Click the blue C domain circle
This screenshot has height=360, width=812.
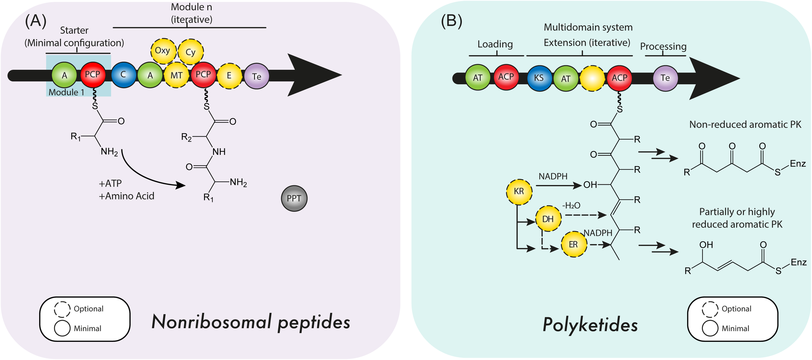(123, 75)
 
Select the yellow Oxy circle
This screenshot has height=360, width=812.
(163, 51)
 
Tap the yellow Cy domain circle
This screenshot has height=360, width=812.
(191, 52)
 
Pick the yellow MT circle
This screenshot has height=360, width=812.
(177, 75)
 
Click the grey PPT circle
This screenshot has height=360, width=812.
(294, 198)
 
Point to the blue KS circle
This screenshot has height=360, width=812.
(539, 78)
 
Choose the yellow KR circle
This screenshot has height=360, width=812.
(519, 192)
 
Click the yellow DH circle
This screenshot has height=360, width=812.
(548, 219)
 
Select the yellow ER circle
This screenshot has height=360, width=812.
(574, 244)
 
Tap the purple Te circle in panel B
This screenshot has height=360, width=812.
(665, 78)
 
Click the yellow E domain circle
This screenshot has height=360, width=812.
(229, 76)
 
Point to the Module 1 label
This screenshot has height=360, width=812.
(66, 92)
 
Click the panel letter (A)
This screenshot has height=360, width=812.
(36, 21)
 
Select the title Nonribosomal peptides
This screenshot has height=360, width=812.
(251, 322)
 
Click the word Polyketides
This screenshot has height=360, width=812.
(590, 325)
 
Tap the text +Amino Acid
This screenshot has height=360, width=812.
(127, 196)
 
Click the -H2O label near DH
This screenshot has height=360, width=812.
(571, 205)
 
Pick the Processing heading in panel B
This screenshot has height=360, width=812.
(663, 46)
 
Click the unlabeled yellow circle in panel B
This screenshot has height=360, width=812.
(592, 78)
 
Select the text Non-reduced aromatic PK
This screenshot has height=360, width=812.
(745, 125)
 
